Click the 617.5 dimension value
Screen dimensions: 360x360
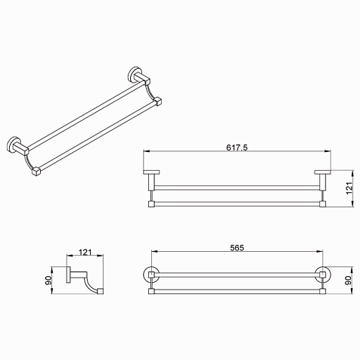point(237,147)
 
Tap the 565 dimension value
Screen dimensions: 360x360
point(237,248)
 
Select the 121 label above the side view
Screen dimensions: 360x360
point(85,252)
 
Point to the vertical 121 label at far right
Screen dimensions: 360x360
point(349,188)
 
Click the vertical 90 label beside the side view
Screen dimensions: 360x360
point(48,280)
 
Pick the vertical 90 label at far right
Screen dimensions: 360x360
point(349,280)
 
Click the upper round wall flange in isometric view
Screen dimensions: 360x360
point(133,74)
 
